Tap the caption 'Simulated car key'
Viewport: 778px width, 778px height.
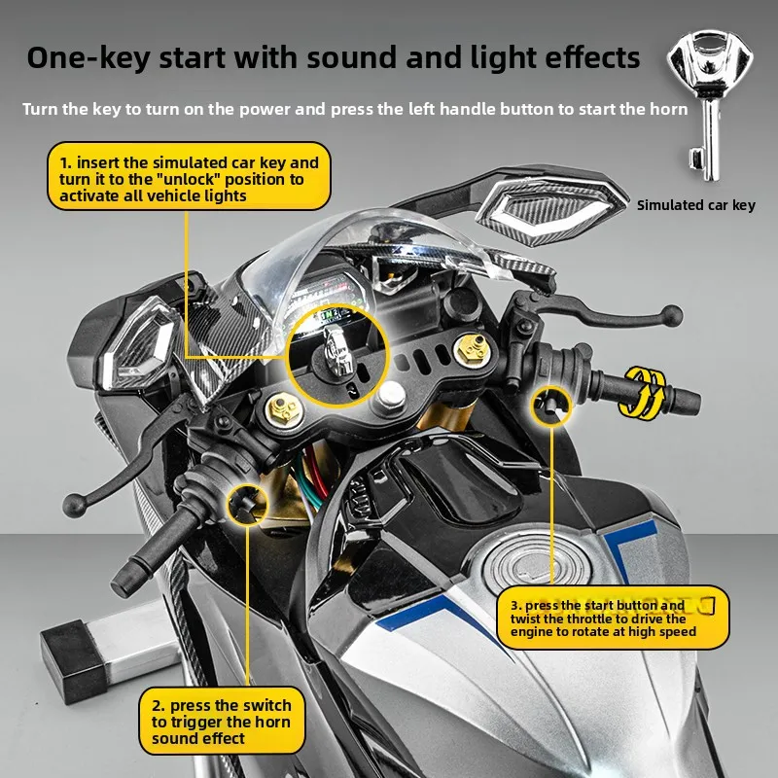(695, 205)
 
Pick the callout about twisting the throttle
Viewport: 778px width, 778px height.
(613, 618)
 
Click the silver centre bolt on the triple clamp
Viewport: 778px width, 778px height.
(393, 394)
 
